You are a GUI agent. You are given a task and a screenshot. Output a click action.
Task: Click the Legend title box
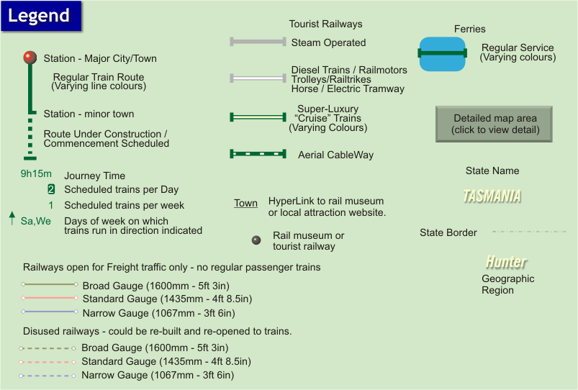[x=40, y=16]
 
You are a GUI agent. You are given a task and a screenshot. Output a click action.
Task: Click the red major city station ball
[x=30, y=57]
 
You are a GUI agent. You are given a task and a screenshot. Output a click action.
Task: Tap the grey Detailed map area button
[x=494, y=124]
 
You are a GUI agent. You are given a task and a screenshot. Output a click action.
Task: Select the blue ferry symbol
[x=443, y=53]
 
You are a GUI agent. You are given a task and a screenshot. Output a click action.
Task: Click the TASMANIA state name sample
[x=492, y=196]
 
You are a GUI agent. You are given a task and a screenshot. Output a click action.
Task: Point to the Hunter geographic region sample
[x=505, y=261]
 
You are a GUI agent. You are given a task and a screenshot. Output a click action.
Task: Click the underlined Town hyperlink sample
[x=245, y=204]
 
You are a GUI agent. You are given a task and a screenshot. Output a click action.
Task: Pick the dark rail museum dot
[x=256, y=240]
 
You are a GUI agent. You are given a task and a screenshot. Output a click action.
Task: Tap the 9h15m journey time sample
[x=36, y=173]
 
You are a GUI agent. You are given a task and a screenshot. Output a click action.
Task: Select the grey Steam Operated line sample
[x=258, y=42]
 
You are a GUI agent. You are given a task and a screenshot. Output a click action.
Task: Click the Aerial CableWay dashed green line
[x=258, y=154]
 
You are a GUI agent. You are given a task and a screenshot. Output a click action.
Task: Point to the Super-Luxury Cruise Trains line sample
[x=258, y=117]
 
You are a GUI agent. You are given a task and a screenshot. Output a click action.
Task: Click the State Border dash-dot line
[x=529, y=232]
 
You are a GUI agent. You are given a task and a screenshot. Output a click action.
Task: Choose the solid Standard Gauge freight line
[x=49, y=298]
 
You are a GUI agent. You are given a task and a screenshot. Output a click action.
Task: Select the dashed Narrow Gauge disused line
[x=48, y=376]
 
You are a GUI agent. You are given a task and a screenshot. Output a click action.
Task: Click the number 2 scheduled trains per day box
[x=51, y=190]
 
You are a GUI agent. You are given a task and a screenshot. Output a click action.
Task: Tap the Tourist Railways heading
[x=325, y=24]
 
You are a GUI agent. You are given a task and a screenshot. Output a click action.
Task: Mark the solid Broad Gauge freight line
[x=49, y=284]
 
